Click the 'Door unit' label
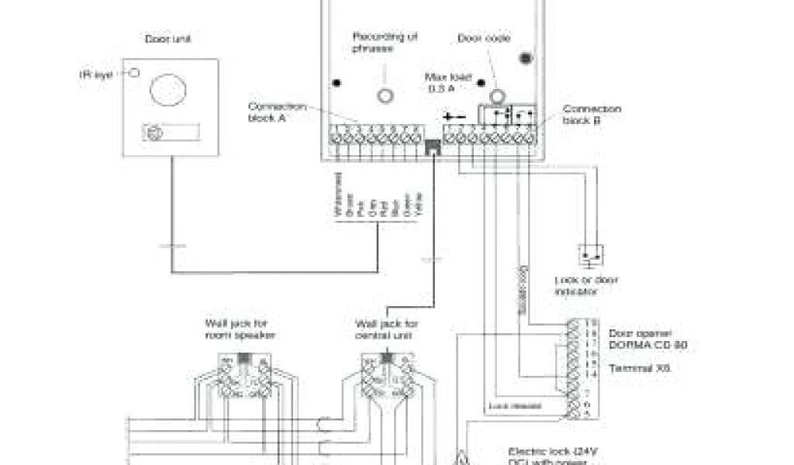[167, 38]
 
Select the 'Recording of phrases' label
[374, 42]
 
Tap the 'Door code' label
[483, 38]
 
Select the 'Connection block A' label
[277, 112]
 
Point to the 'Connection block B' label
[592, 114]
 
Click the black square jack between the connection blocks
[433, 146]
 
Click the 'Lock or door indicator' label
[585, 284]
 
